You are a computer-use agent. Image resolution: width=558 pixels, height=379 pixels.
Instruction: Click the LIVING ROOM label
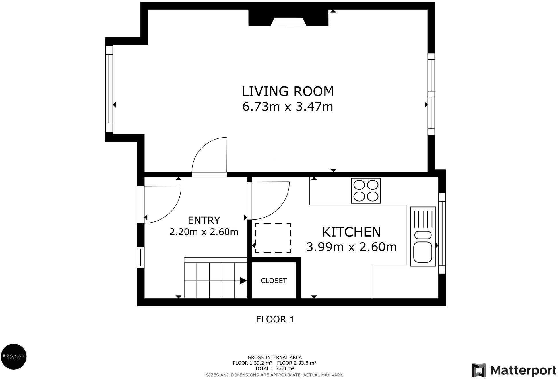coord(288,91)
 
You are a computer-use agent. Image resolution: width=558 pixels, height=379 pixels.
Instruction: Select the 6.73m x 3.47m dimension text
coord(288,107)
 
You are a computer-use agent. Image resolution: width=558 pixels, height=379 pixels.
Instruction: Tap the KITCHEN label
coord(351,232)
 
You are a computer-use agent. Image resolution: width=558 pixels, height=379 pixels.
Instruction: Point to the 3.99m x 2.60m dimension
coord(351,247)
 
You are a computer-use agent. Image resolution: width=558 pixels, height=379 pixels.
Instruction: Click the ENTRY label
coord(204,220)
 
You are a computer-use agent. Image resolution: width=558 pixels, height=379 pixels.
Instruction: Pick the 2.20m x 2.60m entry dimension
coord(204,232)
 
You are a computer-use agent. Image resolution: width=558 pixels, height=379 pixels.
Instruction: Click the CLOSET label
coord(274,281)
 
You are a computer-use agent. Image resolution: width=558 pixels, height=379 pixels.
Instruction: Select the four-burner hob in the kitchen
coord(366,191)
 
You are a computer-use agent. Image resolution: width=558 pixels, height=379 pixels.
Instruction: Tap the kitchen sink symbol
coord(423,237)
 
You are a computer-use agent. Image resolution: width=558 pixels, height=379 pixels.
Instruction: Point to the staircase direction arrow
coord(215,281)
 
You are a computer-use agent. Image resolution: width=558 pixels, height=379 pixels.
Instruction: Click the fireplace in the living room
coord(288,18)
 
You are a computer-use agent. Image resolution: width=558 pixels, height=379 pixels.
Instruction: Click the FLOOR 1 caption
coord(275,319)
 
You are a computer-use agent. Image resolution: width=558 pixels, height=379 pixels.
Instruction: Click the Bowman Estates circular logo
coord(14,357)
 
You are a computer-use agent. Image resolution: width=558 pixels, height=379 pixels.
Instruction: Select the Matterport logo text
coord(523,370)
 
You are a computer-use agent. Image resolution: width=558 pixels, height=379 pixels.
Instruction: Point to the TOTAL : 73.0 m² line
coord(274,368)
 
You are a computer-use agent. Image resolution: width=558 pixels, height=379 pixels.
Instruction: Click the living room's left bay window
coord(109,89)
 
